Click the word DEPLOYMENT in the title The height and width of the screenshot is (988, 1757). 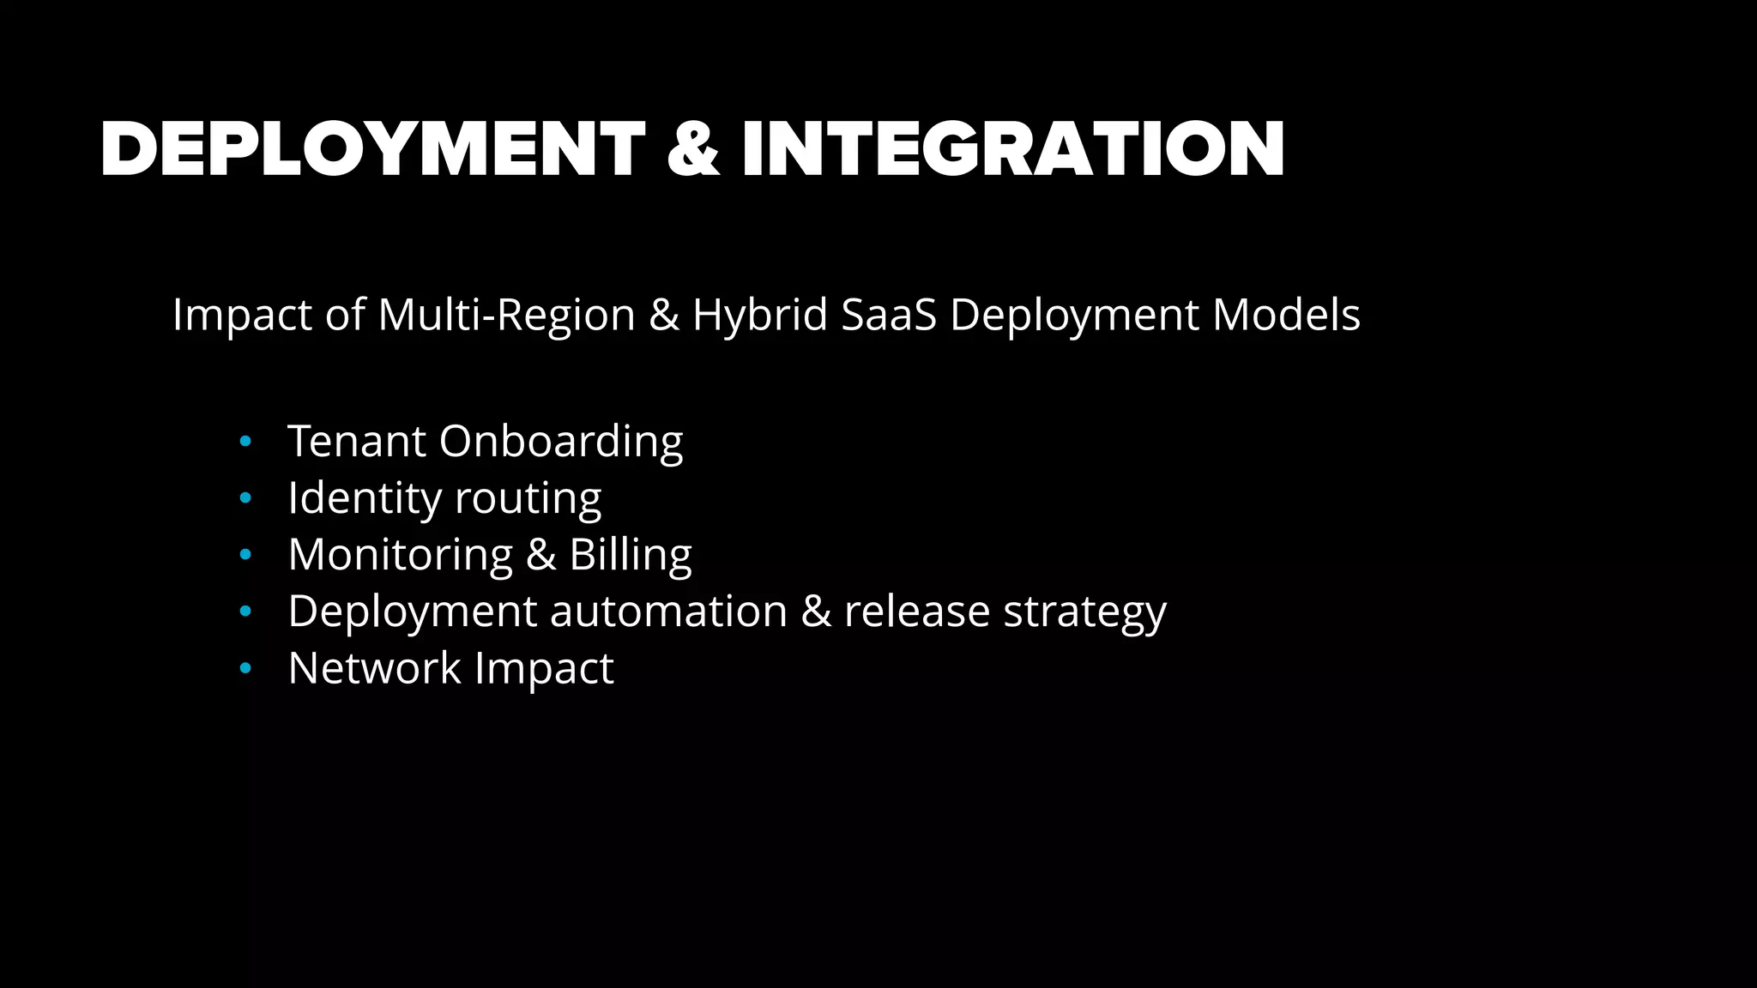coord(372,150)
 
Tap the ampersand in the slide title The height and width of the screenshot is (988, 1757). coord(692,150)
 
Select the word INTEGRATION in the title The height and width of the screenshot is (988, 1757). coord(1012,150)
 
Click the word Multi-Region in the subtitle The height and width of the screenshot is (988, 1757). coord(506,315)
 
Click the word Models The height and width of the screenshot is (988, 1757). coord(1286,315)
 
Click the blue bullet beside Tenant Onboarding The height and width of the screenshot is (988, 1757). coord(246,442)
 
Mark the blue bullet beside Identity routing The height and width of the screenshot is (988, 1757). coord(246,498)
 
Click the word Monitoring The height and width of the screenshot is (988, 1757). coord(401,556)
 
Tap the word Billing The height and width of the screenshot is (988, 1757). coord(631,555)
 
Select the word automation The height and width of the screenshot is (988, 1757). coord(668,611)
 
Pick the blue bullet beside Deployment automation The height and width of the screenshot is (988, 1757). coord(246,611)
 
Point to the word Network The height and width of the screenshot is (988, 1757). coord(375,668)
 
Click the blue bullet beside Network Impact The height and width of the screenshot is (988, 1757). coord(246,668)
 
